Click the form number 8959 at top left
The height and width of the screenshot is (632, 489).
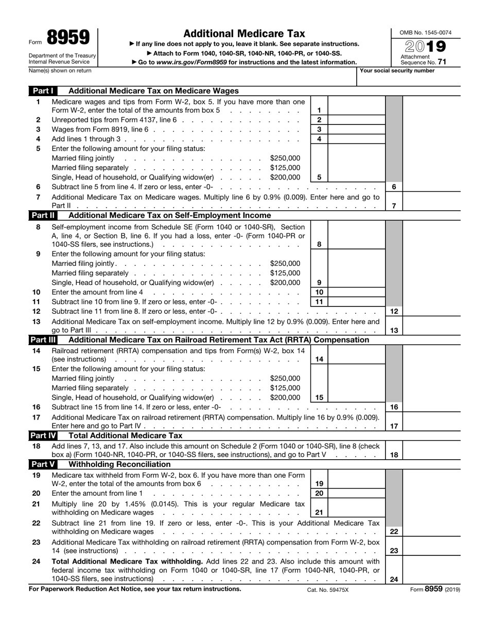coord(68,38)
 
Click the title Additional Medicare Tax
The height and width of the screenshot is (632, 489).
coord(244,33)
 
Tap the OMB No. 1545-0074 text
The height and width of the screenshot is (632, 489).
coord(425,33)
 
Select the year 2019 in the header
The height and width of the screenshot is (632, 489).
coord(425,46)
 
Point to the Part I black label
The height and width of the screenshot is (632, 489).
coord(43,91)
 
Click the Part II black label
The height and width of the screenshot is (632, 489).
coord(43,215)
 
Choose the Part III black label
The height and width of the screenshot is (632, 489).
coord(43,340)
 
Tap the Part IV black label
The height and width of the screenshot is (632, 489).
coord(43,436)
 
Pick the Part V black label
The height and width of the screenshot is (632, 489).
coord(43,464)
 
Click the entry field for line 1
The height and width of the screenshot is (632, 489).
coord(356,110)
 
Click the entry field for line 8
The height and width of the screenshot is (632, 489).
coord(356,244)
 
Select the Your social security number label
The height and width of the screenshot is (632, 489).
coord(397,71)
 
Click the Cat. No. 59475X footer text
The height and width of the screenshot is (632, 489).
coord(328,590)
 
